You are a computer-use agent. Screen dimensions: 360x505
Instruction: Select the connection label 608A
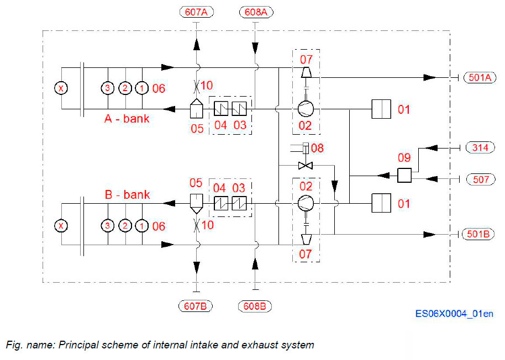coord(255,12)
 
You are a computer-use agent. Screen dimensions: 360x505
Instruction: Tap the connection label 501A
coord(478,77)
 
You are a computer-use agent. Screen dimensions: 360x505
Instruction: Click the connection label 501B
coord(478,234)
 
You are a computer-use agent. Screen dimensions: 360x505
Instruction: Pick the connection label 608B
coord(255,305)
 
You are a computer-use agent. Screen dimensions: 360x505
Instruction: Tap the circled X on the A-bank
coord(61,88)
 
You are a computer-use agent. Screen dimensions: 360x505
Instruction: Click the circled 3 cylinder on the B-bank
coord(108,226)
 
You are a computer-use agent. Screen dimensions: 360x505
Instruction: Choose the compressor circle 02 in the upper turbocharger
coord(306,109)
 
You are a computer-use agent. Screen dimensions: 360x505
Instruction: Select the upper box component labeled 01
coord(381,109)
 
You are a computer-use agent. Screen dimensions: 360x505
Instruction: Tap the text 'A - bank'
coord(127,118)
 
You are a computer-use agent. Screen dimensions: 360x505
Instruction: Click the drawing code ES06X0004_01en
coord(454,314)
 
